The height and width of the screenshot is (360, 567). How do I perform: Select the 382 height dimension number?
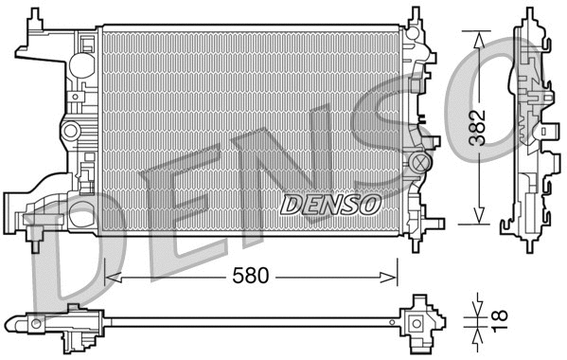click(x=482, y=127)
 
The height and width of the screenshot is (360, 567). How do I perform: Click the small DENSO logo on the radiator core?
click(x=330, y=203)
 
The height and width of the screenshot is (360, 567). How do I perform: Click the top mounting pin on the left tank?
click(x=38, y=13)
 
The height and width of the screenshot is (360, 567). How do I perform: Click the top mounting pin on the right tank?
click(x=415, y=13)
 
